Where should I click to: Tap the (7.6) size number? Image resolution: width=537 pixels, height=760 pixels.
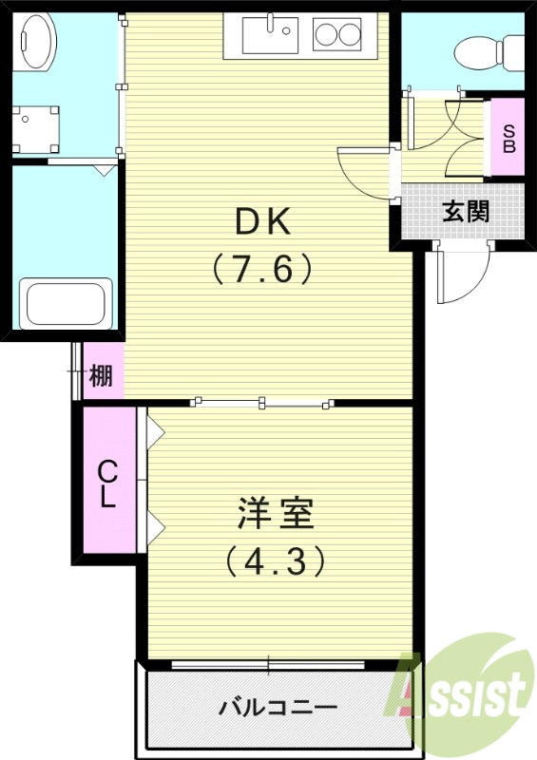click(262, 271)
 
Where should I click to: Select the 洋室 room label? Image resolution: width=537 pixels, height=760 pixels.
click(275, 514)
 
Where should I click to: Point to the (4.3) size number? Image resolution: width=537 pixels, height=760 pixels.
click(275, 560)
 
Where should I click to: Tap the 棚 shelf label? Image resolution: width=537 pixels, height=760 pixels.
click(101, 377)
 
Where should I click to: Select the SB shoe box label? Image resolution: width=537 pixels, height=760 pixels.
click(508, 140)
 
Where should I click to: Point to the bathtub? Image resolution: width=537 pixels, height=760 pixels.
click(67, 303)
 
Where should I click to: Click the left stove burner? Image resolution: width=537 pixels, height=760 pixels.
click(326, 35)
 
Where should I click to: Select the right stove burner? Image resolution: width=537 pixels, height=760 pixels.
click(350, 35)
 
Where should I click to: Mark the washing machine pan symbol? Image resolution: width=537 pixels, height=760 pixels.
click(35, 128)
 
